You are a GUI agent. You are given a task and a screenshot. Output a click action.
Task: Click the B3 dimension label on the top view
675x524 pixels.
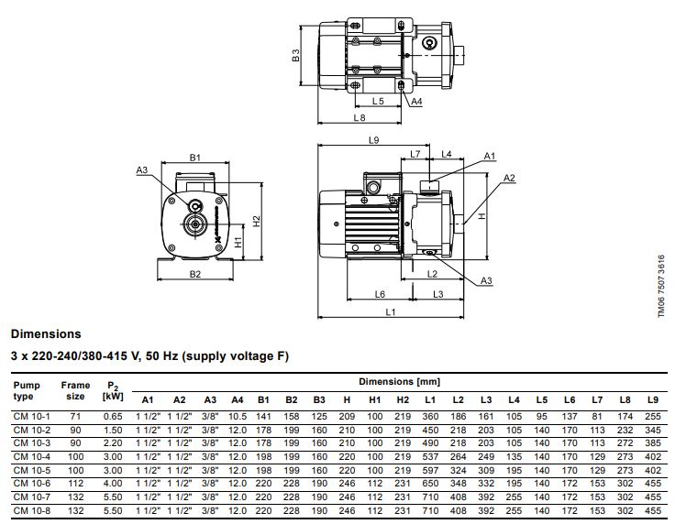pyautogui.click(x=295, y=55)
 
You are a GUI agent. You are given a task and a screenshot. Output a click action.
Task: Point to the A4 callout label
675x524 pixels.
pyautogui.click(x=416, y=101)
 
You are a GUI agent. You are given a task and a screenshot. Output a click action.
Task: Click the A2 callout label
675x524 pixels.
pyautogui.click(x=509, y=177)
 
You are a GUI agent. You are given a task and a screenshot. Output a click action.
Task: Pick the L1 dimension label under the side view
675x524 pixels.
pyautogui.click(x=390, y=312)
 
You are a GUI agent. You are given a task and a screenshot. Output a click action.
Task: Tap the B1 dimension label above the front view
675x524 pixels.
pyautogui.click(x=194, y=158)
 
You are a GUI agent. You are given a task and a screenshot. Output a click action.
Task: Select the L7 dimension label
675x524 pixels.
pyautogui.click(x=415, y=153)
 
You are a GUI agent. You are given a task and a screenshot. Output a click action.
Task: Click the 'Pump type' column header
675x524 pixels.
pyautogui.click(x=27, y=391)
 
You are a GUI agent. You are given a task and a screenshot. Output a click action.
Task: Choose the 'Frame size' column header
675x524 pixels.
pyautogui.click(x=75, y=391)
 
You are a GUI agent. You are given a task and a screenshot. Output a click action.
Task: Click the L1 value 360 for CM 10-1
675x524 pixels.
pyautogui.click(x=429, y=416)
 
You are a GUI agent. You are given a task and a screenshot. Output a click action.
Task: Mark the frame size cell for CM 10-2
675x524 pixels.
pyautogui.click(x=75, y=430)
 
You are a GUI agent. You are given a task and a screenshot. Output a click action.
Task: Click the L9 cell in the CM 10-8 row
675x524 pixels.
pyautogui.click(x=653, y=510)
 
